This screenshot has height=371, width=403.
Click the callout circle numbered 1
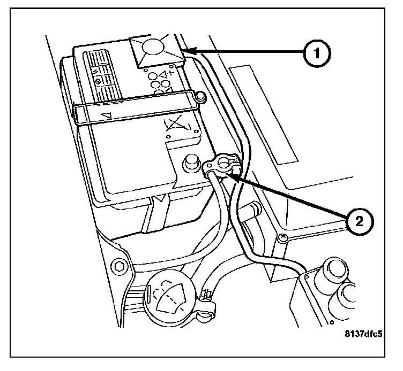[x=317, y=53]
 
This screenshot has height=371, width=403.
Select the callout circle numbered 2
[x=359, y=221]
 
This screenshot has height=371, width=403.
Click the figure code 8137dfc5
[x=363, y=334]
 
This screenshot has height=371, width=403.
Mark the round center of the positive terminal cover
[x=153, y=47]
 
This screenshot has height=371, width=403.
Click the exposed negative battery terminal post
[x=191, y=162]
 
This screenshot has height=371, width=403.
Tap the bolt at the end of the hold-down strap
[x=201, y=97]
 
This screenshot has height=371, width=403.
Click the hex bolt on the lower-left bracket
[x=118, y=267]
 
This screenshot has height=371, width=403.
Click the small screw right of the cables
[x=282, y=237]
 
